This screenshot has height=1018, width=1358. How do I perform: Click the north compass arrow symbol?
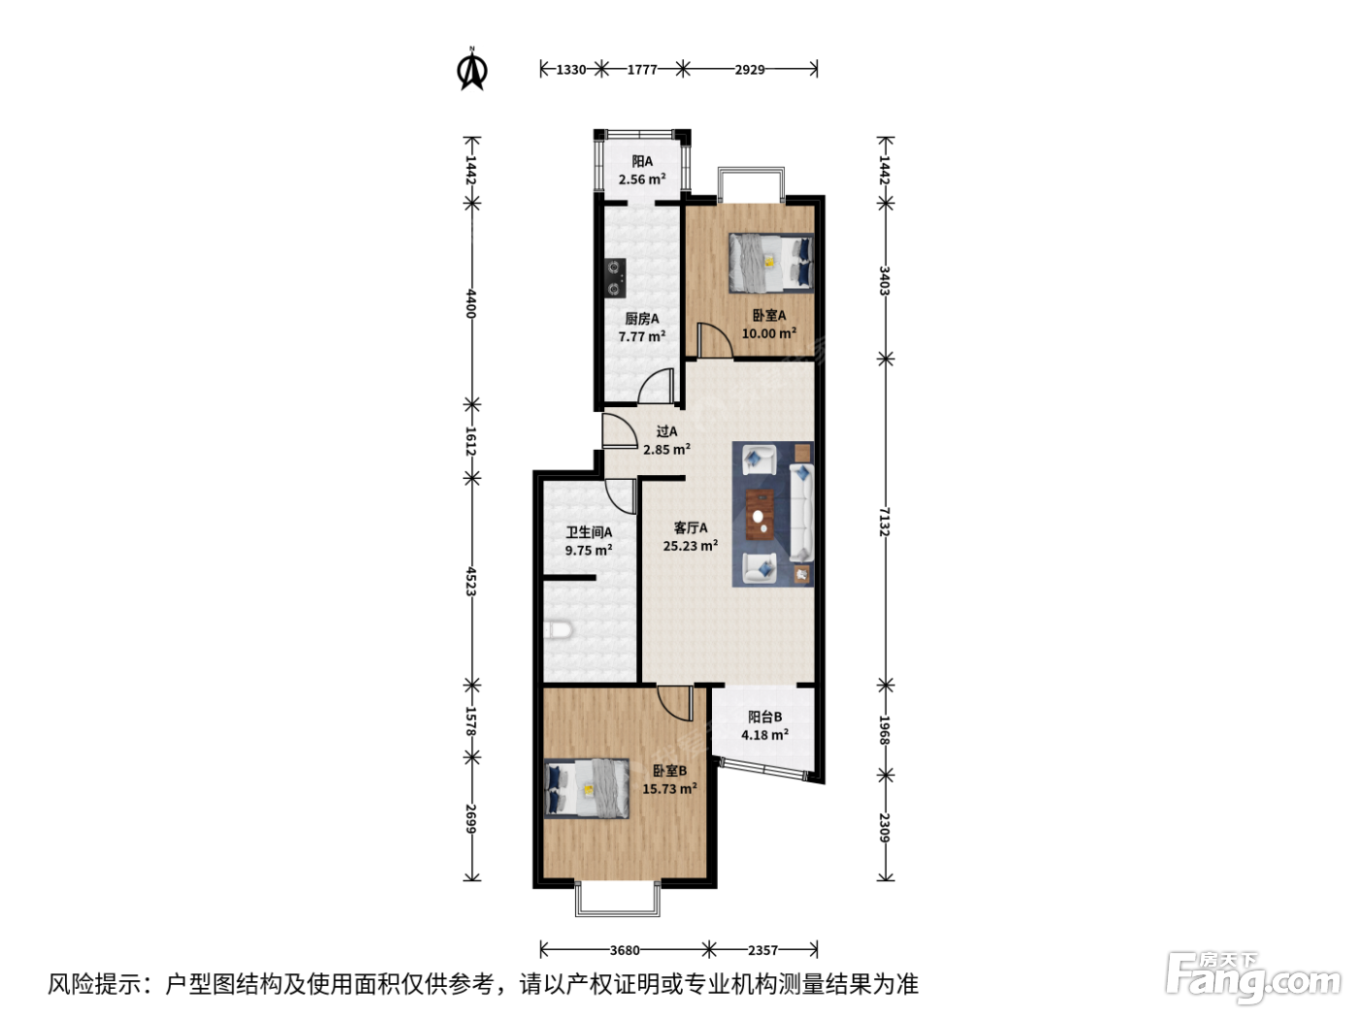click(x=472, y=69)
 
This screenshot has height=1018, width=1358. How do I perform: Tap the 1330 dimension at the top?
click(x=570, y=69)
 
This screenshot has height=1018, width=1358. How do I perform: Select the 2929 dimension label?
click(x=749, y=69)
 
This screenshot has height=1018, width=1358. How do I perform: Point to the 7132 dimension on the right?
click(x=885, y=522)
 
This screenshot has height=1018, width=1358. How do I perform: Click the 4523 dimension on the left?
click(x=470, y=581)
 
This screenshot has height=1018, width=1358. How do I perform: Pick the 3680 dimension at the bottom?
click(x=625, y=950)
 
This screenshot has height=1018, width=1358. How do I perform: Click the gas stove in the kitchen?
click(x=615, y=277)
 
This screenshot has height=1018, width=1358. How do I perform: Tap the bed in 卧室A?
click(x=770, y=263)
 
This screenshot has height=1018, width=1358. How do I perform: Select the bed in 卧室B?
click(x=587, y=788)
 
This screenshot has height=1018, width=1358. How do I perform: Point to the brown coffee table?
click(x=760, y=514)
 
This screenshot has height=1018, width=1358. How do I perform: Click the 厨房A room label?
click(x=641, y=318)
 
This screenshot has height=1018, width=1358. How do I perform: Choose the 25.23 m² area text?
click(x=691, y=546)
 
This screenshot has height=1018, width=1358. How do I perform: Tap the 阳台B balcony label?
click(x=764, y=716)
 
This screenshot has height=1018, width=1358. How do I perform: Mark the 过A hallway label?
click(x=666, y=431)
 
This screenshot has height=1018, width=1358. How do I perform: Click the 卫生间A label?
click(x=589, y=532)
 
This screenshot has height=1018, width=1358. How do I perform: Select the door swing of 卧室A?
click(x=715, y=339)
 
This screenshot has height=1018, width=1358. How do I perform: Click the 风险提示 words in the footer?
click(x=95, y=984)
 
